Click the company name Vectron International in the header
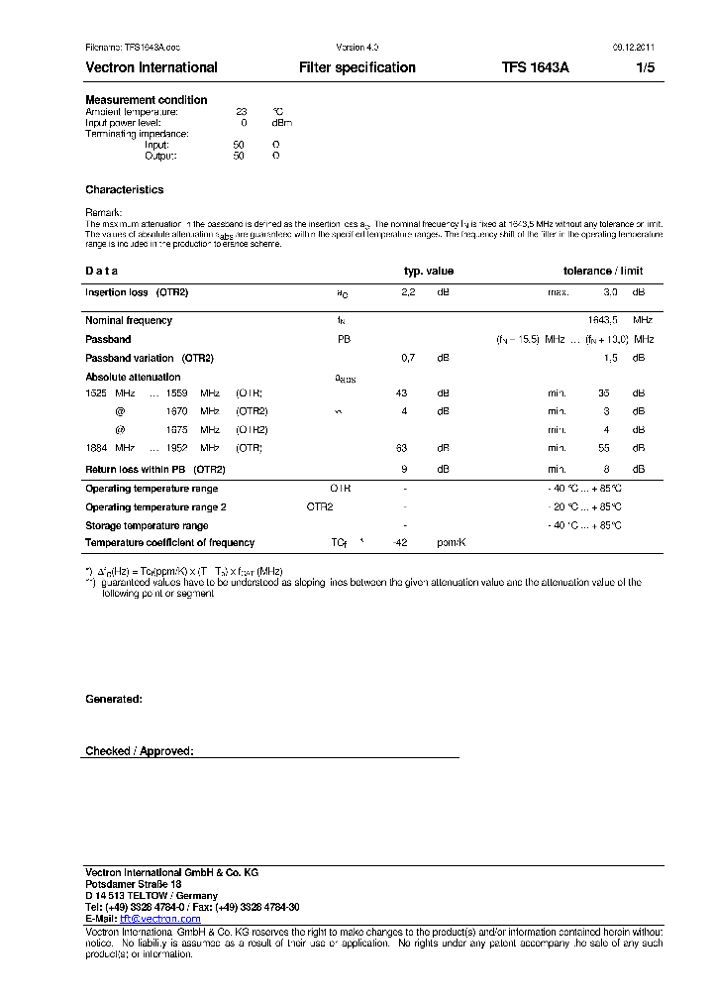point(152,68)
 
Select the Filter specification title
point(356,68)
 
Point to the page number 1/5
point(645,68)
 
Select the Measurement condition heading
point(147,100)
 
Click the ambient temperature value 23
point(241,112)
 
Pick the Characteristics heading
point(125,189)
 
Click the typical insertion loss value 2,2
point(408,293)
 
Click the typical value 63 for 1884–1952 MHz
point(402,449)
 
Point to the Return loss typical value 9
point(404,469)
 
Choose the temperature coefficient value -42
point(401,543)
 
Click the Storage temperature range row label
point(147,525)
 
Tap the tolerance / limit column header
point(603,271)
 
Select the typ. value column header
point(428,271)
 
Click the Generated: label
point(114,699)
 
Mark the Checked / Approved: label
point(140,751)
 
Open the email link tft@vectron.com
point(159,919)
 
